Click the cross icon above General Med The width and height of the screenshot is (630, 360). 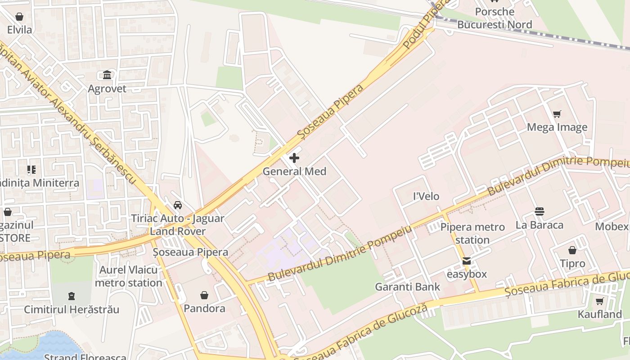coord(294,158)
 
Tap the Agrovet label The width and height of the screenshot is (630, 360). coord(107,89)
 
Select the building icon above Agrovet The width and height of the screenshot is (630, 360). coord(107,75)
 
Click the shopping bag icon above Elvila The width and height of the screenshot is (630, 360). coord(19,17)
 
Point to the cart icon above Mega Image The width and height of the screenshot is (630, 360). coord(557,114)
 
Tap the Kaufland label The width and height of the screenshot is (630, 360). coord(599,314)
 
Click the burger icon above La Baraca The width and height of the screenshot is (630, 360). coord(539,211)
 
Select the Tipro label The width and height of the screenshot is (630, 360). coord(572,263)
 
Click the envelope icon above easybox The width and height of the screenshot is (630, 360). coord(467,261)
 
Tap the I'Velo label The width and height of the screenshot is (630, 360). coord(426,196)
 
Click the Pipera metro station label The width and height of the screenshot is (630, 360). coord(472,233)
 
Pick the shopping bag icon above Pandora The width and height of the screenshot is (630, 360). coord(204,295)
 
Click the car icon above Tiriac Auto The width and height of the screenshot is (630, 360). coord(178,205)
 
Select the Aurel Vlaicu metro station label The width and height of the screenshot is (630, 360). coord(128,276)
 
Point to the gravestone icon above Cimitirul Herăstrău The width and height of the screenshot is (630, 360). coord(71,296)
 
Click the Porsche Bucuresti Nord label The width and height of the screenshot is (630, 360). coord(495,18)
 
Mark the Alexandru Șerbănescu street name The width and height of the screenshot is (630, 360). coord(67,108)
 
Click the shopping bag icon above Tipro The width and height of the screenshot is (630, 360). coord(572,250)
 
